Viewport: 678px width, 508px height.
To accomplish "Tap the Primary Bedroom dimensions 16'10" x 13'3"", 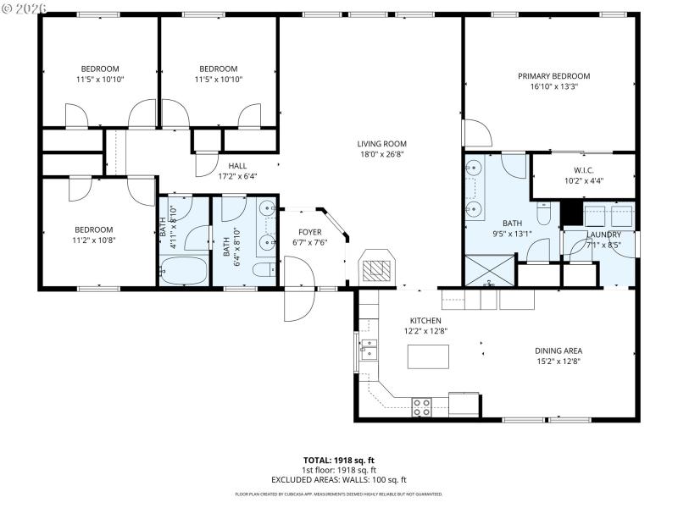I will pyautogui.click(x=553, y=87).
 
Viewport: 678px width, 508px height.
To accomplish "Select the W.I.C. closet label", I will pyautogui.click(x=583, y=169).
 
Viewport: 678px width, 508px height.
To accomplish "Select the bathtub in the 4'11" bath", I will pyautogui.click(x=183, y=272).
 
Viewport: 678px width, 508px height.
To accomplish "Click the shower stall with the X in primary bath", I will pyautogui.click(x=489, y=272).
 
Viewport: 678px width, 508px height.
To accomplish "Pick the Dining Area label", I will pyautogui.click(x=558, y=350).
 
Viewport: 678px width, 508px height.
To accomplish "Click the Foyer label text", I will pyautogui.click(x=309, y=231).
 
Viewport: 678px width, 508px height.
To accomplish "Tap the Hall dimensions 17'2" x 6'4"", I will pyautogui.click(x=236, y=177).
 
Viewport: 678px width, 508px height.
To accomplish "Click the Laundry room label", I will pyautogui.click(x=605, y=235).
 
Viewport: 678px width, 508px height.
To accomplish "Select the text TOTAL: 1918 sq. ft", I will pyautogui.click(x=338, y=460).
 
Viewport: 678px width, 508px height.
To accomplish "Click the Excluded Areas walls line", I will pyautogui.click(x=338, y=479).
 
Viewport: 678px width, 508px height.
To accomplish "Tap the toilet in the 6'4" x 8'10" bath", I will pyautogui.click(x=264, y=270).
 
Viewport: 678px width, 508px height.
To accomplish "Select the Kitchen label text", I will pyautogui.click(x=425, y=321).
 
